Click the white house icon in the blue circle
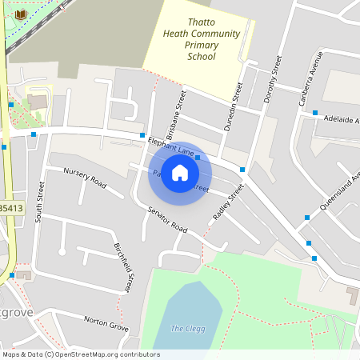click(180, 173)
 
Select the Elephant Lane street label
click(171, 146)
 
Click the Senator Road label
click(167, 218)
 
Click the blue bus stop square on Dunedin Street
click(242, 170)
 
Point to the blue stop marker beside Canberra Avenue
click(315, 113)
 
